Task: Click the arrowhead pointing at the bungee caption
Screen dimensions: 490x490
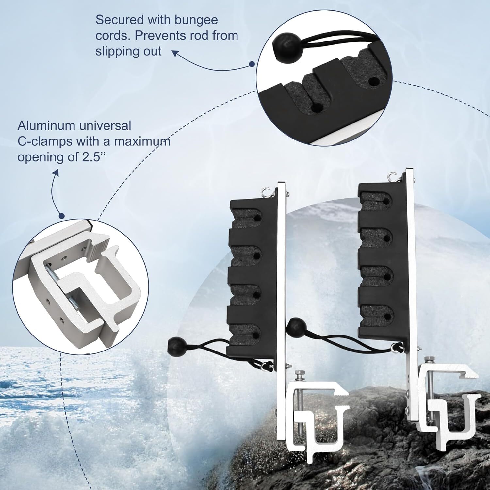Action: click(176, 53)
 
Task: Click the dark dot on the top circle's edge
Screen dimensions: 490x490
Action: click(252, 64)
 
